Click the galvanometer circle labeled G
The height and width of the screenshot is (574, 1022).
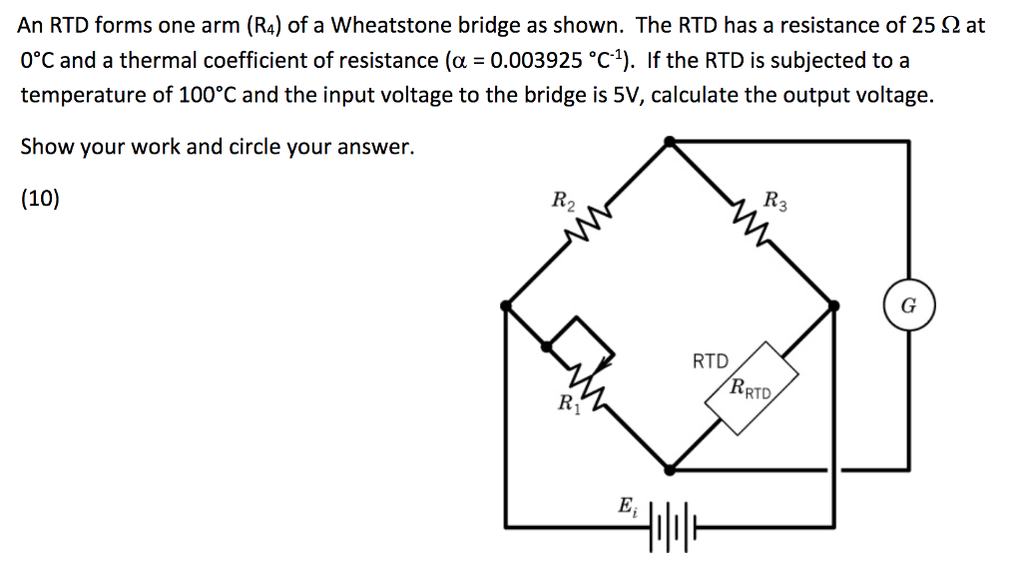(907, 305)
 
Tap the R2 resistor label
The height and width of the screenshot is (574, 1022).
(563, 201)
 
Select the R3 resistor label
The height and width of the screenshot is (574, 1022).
(774, 201)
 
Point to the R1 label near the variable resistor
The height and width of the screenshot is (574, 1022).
(565, 405)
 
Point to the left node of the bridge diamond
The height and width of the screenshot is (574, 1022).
(507, 303)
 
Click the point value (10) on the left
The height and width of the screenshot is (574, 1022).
(40, 199)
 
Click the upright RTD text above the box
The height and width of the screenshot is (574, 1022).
(711, 360)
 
